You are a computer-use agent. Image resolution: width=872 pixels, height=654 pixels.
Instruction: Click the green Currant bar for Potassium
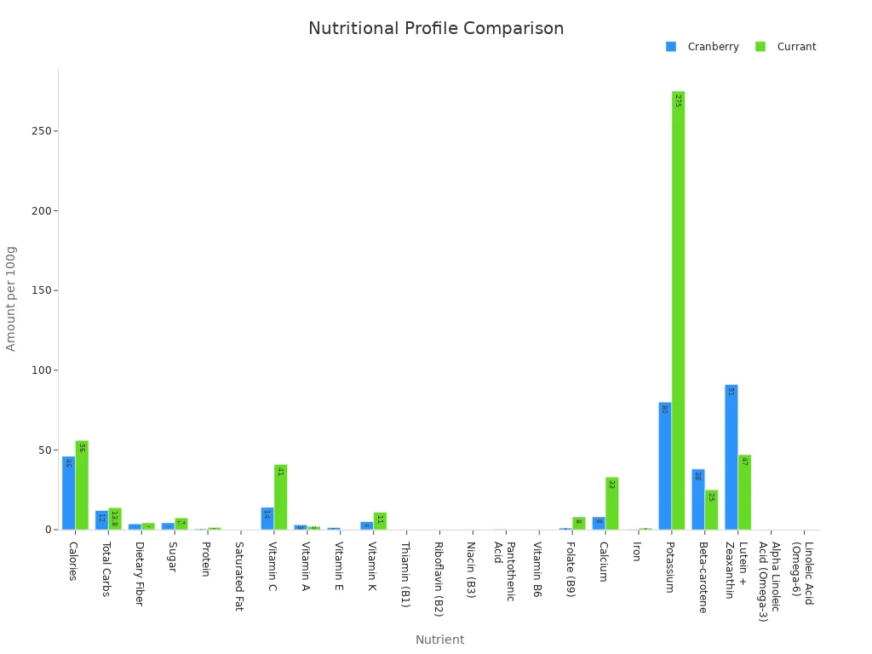678,311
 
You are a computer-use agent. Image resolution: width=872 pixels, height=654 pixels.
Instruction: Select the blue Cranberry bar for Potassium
664,466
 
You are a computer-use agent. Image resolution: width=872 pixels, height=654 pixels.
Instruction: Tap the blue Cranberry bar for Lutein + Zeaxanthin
731,457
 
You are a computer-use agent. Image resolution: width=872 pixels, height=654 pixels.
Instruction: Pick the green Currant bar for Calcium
611,503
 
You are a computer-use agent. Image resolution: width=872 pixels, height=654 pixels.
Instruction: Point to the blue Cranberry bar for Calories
68,493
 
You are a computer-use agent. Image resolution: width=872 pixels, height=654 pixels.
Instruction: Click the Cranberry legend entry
703,47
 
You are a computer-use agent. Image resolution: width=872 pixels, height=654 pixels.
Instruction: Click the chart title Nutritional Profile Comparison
436,29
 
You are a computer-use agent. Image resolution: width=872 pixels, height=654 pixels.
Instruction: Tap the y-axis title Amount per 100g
11,298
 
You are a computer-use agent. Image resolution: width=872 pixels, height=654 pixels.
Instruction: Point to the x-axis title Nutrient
439,640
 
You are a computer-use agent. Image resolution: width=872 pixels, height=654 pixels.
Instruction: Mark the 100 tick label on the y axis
40,370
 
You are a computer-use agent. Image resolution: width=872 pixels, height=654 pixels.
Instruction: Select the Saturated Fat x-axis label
238,577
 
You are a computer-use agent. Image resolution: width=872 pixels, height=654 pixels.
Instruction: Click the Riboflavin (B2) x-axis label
438,578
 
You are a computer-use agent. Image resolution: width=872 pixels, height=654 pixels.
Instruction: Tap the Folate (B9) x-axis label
571,570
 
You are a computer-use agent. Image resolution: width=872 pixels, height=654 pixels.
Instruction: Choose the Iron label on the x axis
636,552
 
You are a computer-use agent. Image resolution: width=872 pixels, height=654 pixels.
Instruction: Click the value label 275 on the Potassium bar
678,100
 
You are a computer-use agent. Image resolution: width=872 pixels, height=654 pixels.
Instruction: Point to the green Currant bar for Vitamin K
380,521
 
